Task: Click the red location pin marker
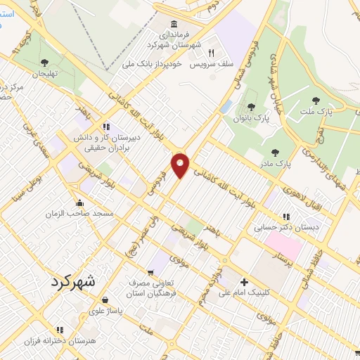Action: point(181,165)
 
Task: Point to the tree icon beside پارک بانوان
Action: point(251,107)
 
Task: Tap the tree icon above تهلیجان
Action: point(44,63)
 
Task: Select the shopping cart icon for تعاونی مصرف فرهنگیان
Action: point(150,273)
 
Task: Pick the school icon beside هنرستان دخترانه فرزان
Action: point(60,329)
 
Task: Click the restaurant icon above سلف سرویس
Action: point(210,53)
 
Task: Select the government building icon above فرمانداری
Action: point(174,23)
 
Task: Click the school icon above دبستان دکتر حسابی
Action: point(286,217)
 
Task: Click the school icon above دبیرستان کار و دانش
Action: point(105,127)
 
